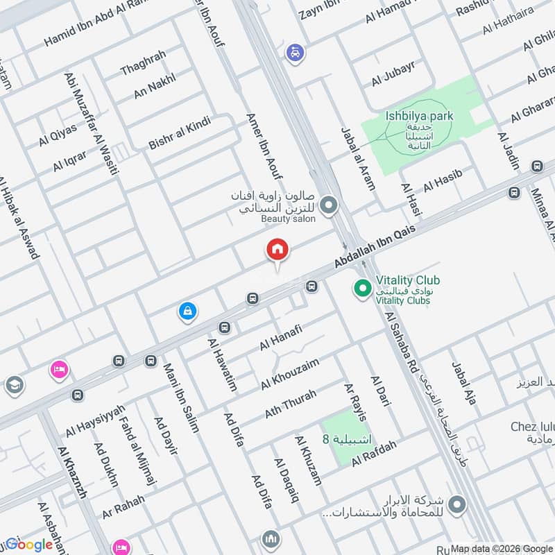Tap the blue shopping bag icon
tap(187, 312)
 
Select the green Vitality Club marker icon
tap(361, 287)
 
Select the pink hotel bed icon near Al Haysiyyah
tap(59, 369)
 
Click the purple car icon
tap(296, 53)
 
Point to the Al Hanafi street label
tap(282, 336)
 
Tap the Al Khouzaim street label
tap(290, 373)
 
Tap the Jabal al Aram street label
tap(358, 159)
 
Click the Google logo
tap(29, 545)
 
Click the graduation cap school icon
tap(13, 384)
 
